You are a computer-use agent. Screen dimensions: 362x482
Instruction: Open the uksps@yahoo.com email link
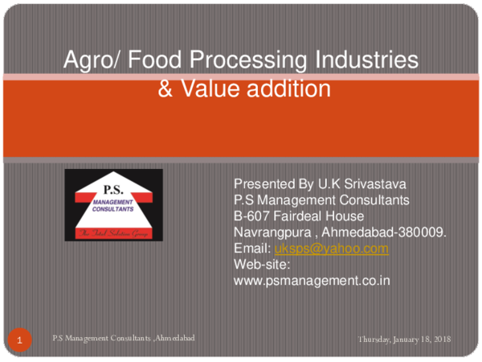(332, 249)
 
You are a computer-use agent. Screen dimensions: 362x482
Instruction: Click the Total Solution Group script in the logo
(113, 232)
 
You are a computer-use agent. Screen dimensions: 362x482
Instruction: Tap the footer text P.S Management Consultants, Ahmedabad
(124, 339)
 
